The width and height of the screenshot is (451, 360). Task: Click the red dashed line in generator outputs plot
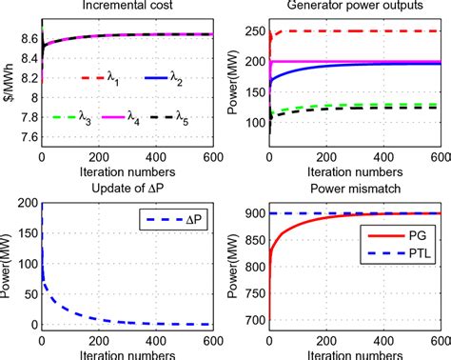tap(381, 30)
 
